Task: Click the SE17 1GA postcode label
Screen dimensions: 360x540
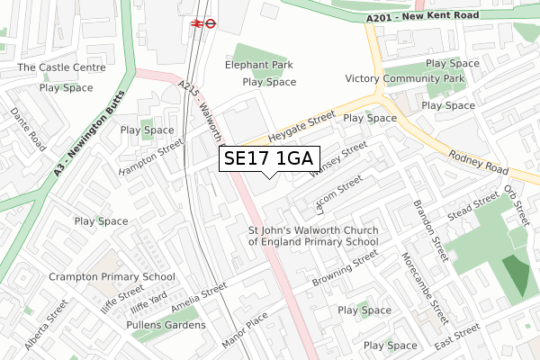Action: [x=269, y=158]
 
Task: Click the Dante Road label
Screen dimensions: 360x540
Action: [x=28, y=130]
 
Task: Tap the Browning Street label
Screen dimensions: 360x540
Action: [x=345, y=269]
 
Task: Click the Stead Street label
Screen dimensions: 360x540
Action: [x=472, y=205]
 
